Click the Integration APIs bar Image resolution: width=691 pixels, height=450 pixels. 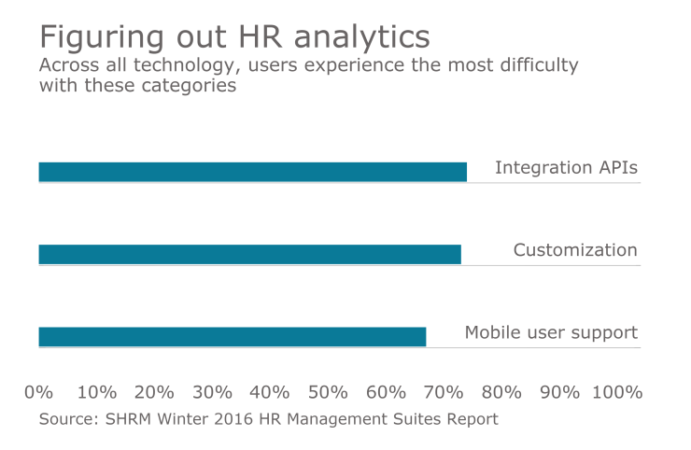pos(252,172)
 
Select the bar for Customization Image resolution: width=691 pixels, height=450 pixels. pos(249,254)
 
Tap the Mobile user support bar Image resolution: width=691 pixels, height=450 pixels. pos(232,336)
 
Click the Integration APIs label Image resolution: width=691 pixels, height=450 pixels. pos(566,168)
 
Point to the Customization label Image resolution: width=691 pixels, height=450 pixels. pos(575,250)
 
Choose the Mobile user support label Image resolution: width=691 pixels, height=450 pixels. pos(551,332)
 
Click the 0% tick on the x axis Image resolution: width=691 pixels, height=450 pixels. pos(38,391)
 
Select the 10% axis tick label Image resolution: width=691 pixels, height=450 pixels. pos(96,391)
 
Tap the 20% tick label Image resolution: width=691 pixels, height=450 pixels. pos(154,391)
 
